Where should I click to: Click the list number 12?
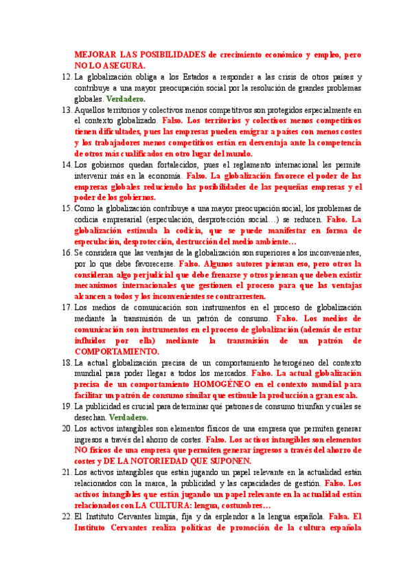coord(66,77)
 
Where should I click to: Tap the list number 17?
coord(66,307)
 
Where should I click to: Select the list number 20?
coord(66,428)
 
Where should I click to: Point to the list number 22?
coord(66,516)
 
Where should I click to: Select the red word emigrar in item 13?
coord(269,132)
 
